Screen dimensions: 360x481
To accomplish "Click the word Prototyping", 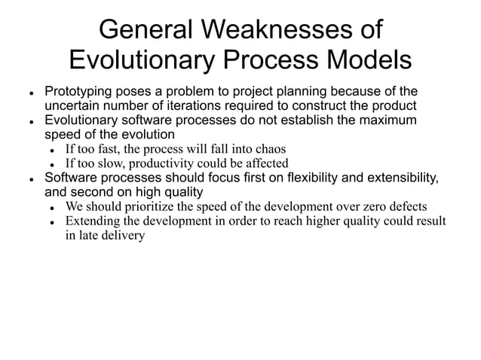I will click(79, 91).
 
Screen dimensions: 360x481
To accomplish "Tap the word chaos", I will click(268, 148).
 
